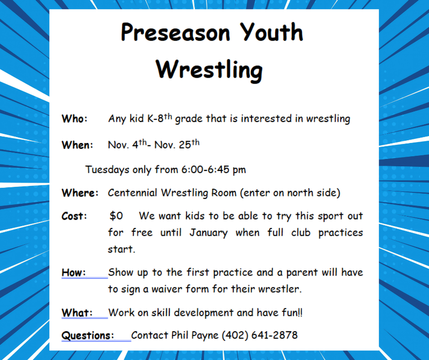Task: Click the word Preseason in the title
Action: click(176, 33)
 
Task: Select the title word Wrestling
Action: click(209, 70)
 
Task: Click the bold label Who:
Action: click(74, 119)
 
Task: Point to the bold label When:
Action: click(77, 145)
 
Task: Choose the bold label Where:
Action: click(80, 193)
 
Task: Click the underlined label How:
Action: click(73, 273)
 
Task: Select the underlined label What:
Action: click(77, 313)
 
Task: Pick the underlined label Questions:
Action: click(88, 335)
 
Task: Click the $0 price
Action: click(116, 216)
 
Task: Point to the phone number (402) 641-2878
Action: click(259, 335)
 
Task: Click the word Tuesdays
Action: click(107, 170)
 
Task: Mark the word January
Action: click(208, 233)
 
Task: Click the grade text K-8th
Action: click(159, 118)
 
